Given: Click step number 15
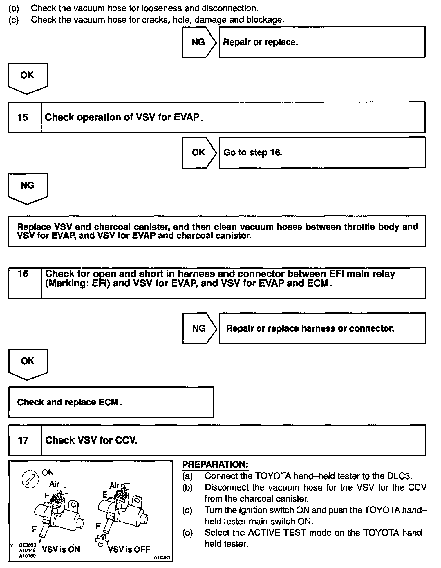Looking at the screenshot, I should (23, 117).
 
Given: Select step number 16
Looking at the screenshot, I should (23, 274).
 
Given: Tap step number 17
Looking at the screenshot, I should (23, 440).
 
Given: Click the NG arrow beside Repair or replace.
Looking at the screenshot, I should (198, 42).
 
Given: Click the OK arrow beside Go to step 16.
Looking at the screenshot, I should (199, 153).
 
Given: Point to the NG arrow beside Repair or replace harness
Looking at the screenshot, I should (199, 328).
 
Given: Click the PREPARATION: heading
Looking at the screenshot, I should (215, 464).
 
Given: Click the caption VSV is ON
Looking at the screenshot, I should (61, 549).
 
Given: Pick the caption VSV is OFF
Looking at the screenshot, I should (129, 549).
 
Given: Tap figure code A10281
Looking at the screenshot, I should (162, 558).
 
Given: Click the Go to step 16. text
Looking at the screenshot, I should (253, 153).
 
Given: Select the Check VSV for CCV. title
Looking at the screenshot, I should (91, 440).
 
